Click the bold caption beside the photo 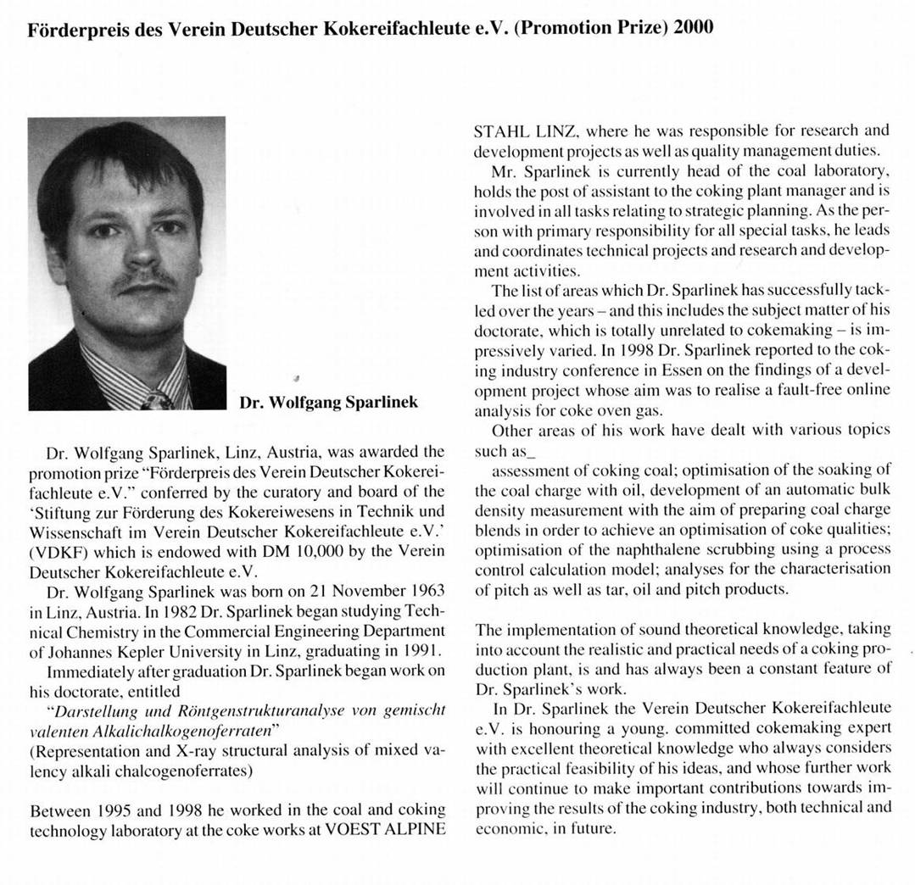click(x=328, y=402)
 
